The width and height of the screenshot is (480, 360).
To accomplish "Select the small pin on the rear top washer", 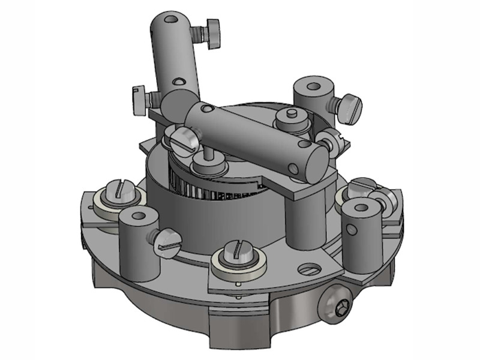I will pyautogui.click(x=291, y=113).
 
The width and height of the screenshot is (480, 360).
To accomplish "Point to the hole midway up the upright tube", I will pyautogui.click(x=178, y=81).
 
